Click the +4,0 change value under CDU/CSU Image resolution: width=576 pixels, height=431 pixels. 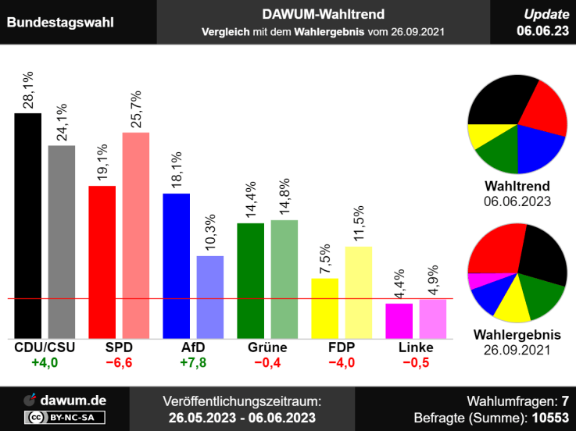[x=45, y=362]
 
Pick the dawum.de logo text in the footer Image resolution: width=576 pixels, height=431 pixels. [x=76, y=400]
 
